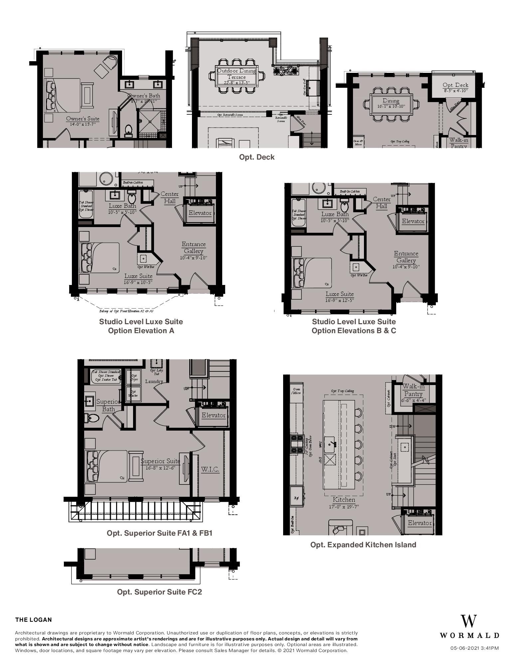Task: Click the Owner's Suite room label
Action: pos(83,119)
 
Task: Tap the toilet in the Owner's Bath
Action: pos(128,131)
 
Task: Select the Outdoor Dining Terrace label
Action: pos(237,74)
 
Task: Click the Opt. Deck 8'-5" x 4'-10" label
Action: pos(455,87)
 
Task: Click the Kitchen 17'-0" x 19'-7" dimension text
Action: pos(344,507)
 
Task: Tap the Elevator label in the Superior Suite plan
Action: pos(213,415)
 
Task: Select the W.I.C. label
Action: pos(210,469)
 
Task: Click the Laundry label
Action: pos(154,381)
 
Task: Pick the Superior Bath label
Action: pos(108,405)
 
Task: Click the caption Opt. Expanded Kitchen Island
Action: pos(363,545)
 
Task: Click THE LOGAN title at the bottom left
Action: pos(34,620)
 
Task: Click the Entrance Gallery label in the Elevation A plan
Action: pos(194,248)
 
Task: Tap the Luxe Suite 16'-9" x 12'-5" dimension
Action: pos(339,300)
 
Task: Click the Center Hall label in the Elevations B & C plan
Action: pos(382,202)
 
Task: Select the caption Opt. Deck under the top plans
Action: pos(257,157)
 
